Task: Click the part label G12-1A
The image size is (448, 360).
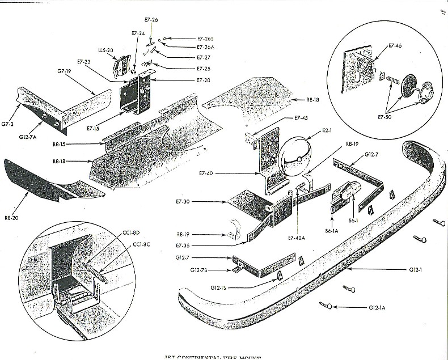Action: [x=378, y=307]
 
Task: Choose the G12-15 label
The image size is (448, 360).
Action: [x=219, y=288]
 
